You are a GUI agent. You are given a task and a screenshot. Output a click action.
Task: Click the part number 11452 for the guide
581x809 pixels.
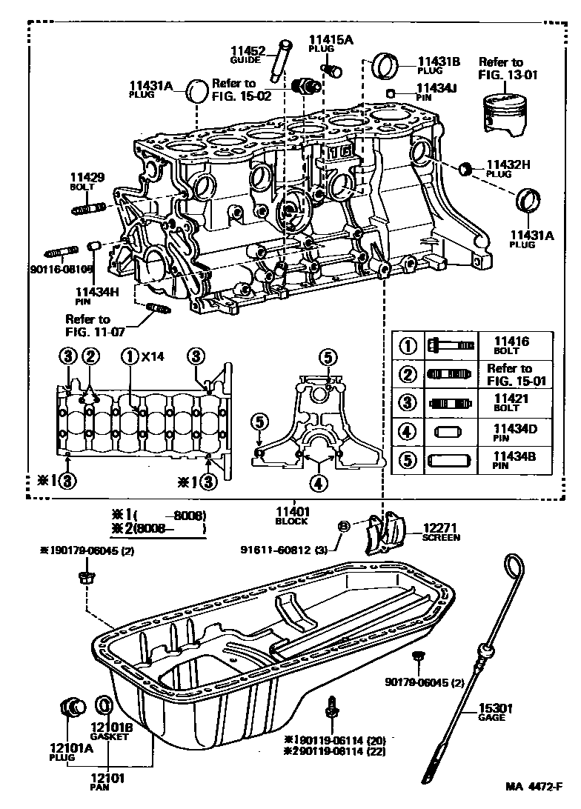coord(247,51)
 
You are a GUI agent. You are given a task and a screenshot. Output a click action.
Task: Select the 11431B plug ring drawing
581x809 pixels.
coord(385,65)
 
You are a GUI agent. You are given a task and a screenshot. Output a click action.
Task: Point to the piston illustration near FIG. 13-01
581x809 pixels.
coord(504,113)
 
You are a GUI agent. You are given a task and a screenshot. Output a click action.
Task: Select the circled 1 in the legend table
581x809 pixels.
coord(408,346)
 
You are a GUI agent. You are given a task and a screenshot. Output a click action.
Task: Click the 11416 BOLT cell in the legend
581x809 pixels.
coord(511,345)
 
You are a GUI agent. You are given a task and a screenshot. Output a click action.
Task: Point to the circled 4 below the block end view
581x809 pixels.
coord(318,485)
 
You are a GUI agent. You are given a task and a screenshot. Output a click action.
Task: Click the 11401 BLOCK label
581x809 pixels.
coord(292,515)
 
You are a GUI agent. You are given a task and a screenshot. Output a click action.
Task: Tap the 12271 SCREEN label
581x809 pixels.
coord(442,532)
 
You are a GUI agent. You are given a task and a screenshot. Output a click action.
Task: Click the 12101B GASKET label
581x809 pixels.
coord(110,731)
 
